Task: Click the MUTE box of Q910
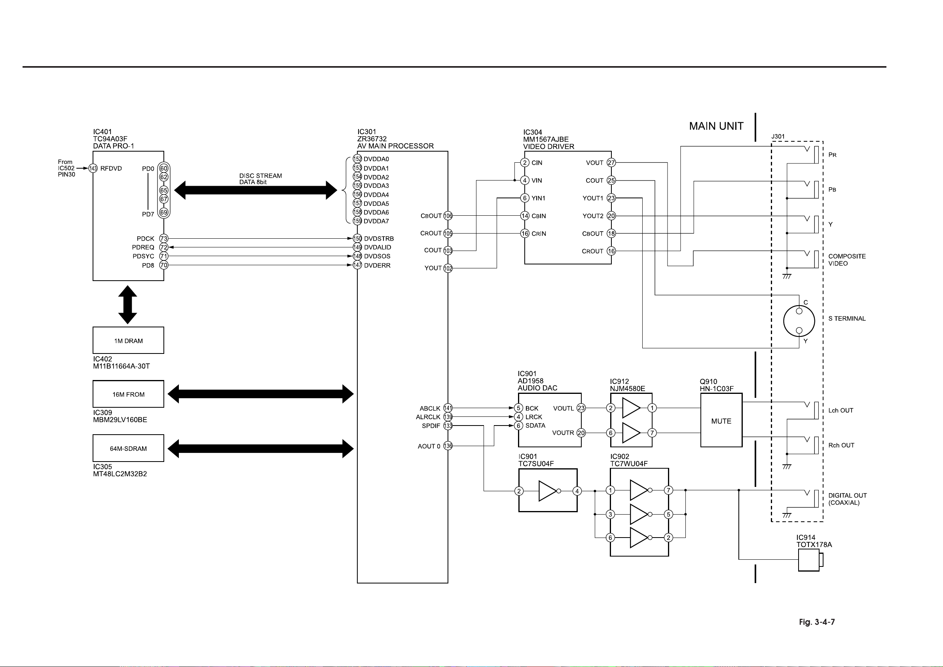point(721,420)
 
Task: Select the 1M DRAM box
point(128,340)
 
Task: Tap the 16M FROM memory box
point(128,394)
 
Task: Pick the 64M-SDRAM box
point(128,448)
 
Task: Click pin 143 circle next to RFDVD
point(93,169)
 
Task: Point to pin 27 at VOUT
point(611,163)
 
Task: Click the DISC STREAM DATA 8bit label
point(260,179)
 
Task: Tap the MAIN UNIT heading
point(716,126)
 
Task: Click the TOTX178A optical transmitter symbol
point(810,560)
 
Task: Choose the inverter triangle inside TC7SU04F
point(548,491)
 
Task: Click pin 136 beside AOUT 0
point(448,446)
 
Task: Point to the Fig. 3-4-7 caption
point(816,622)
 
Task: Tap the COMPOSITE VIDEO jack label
point(846,260)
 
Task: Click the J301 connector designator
point(778,137)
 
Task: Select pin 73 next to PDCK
point(164,238)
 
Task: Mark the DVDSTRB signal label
point(379,239)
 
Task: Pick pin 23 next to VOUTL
point(581,408)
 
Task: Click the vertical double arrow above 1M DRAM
point(128,304)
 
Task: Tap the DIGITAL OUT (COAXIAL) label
point(847,499)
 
